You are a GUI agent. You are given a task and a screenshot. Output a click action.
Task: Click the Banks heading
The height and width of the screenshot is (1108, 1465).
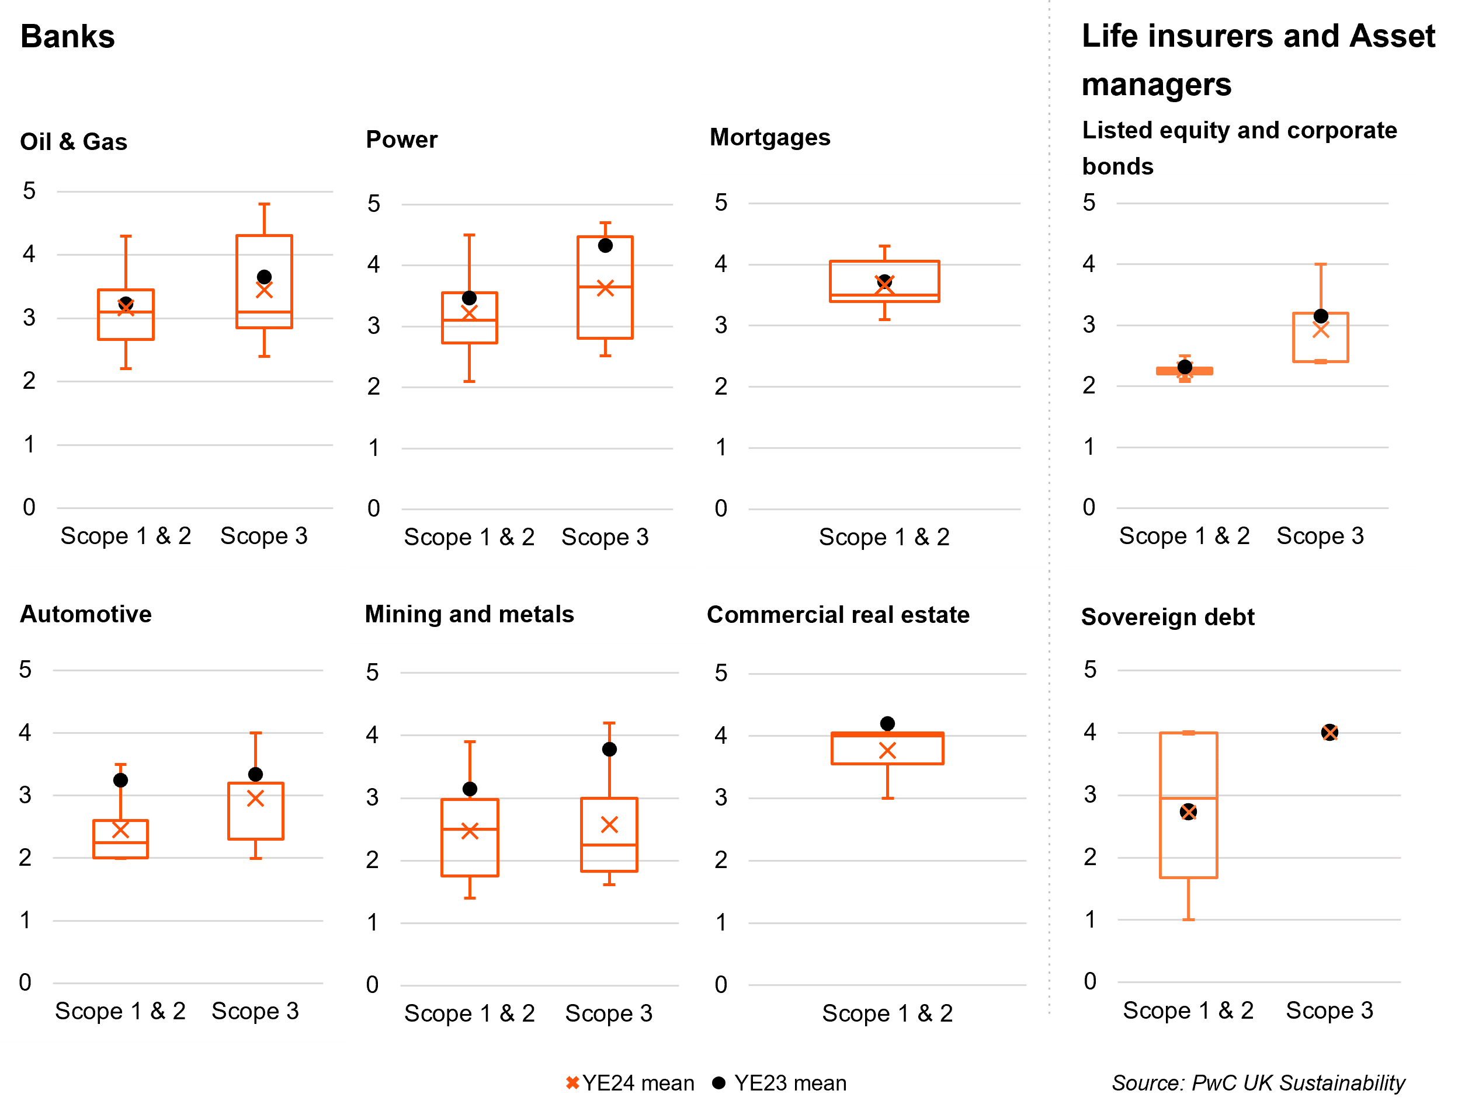[x=68, y=36]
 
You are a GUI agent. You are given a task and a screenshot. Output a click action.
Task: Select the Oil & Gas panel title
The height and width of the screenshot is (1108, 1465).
[x=74, y=142]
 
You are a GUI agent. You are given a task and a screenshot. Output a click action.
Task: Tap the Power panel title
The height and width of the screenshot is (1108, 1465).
[x=401, y=140]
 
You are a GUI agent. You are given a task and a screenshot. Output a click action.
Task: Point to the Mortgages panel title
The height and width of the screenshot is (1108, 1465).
[x=769, y=137]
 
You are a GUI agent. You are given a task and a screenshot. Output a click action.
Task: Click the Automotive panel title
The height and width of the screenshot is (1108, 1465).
[x=85, y=614]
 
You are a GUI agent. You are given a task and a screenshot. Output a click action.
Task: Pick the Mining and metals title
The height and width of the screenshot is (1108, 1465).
[x=469, y=614]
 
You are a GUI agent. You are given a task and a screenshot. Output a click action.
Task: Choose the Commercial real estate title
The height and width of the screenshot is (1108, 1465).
[x=838, y=614]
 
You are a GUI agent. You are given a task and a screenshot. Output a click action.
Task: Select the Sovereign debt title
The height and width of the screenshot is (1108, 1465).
[x=1167, y=616]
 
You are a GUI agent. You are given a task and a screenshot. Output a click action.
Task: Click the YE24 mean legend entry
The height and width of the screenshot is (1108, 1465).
[x=630, y=1083]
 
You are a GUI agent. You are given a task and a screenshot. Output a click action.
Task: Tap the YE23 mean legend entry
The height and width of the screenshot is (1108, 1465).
[x=780, y=1083]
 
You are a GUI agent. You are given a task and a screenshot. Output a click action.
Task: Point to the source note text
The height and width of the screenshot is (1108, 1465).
[x=1258, y=1083]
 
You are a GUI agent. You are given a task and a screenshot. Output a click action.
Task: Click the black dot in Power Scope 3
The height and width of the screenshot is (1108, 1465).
[x=605, y=246]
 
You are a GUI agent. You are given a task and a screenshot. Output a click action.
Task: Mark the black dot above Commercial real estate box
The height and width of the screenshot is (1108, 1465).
[x=887, y=723]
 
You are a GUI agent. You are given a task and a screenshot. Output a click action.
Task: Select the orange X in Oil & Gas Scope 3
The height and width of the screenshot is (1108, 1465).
[x=264, y=290]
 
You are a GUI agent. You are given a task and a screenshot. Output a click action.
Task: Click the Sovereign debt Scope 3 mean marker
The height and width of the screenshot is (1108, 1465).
[x=1329, y=732]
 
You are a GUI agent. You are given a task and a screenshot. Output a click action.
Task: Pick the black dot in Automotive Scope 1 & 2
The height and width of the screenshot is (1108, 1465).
[x=120, y=781]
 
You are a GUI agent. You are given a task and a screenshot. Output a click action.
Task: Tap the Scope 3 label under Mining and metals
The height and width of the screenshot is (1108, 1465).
[x=608, y=1013]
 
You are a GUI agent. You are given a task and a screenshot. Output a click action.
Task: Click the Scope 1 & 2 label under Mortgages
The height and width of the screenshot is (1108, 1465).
[x=884, y=537]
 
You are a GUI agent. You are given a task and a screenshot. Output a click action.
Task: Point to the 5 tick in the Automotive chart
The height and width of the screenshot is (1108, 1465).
[x=25, y=669]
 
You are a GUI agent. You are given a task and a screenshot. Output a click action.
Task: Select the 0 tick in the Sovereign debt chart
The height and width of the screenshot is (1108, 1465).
[x=1089, y=981]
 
